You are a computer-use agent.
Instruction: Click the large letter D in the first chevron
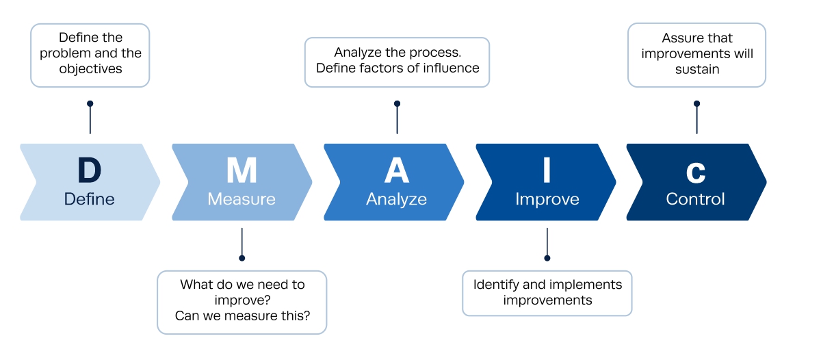(90, 171)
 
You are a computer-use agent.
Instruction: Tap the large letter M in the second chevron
(242, 171)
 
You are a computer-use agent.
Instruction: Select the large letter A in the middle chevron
(396, 171)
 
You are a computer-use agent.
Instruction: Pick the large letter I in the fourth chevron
(547, 171)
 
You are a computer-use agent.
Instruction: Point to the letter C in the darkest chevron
(696, 172)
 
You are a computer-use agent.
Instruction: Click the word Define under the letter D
(90, 199)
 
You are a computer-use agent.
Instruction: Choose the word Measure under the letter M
(242, 199)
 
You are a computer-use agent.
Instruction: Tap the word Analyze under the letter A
(396, 199)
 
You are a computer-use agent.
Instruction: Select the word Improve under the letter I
(547, 199)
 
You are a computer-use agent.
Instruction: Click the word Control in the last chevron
(696, 199)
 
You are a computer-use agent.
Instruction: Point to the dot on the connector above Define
(90, 104)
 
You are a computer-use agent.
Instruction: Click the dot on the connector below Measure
(242, 258)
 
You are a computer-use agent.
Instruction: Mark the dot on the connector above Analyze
(397, 104)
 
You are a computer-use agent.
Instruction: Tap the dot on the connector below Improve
(547, 258)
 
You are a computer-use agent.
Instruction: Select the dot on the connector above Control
(696, 104)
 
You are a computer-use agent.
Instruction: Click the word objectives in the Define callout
(90, 69)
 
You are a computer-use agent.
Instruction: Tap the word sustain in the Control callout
(696, 69)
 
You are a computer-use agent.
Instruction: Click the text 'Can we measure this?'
(242, 316)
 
